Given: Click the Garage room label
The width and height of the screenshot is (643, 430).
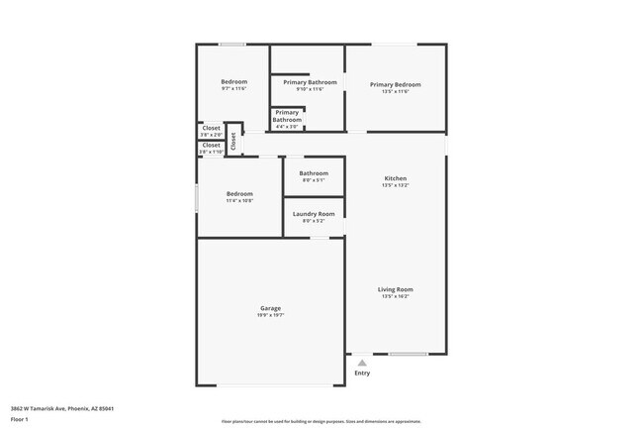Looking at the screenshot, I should [x=270, y=308].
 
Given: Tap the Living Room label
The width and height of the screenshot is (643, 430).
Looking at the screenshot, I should [x=395, y=289].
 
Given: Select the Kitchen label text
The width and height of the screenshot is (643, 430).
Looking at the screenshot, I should [x=395, y=178].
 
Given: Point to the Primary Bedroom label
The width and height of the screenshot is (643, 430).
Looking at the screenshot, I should [x=395, y=85].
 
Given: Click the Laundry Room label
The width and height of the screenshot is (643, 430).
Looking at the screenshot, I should [x=313, y=214].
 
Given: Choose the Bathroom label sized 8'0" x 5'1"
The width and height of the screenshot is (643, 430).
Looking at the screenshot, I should [x=313, y=173].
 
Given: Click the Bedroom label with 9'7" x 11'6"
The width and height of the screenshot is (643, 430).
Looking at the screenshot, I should [x=233, y=81].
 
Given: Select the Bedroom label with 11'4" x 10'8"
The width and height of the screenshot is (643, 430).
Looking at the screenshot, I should [x=238, y=194].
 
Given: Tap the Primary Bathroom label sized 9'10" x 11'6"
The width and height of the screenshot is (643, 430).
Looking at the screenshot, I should [x=310, y=82].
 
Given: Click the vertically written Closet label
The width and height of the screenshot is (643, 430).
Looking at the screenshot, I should [x=233, y=141].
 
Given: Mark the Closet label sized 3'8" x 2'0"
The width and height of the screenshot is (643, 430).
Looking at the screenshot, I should [x=211, y=128].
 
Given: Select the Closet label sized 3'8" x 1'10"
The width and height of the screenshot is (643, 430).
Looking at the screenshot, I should [x=211, y=146].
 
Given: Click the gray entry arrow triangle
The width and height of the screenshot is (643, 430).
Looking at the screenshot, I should [x=362, y=363].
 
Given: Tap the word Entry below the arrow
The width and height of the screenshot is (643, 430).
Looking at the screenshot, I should [x=362, y=374].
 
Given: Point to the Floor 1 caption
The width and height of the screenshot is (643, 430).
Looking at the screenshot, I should [x=20, y=419].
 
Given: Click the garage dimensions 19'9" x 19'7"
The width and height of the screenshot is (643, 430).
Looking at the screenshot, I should [x=270, y=315].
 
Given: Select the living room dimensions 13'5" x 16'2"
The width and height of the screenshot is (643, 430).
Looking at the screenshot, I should [x=395, y=296].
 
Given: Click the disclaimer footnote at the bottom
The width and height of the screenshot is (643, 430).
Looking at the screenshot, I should [x=321, y=420].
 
